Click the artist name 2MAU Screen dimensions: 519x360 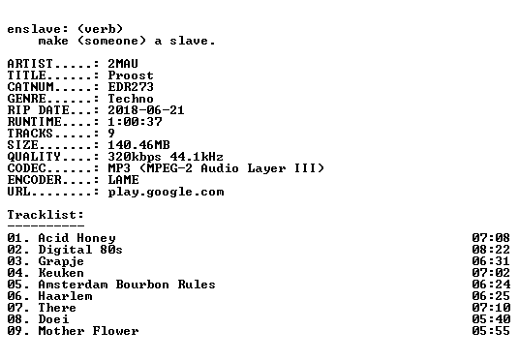123,64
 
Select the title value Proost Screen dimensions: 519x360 131,75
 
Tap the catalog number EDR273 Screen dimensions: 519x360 131,87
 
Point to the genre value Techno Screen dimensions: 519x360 131,99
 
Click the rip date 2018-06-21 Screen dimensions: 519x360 146,110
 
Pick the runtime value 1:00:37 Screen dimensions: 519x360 135,122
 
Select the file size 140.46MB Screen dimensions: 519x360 138,145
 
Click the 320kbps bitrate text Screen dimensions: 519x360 135,157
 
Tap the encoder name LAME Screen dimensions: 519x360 123,180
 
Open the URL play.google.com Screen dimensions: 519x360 166,193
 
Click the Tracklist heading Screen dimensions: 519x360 46,215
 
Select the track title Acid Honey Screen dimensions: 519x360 76,238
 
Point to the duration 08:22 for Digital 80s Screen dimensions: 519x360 491,250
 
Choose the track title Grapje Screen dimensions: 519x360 61,261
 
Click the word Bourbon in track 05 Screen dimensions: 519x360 142,285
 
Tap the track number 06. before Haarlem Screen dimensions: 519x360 18,296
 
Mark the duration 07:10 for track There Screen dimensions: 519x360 491,308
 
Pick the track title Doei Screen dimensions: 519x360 53,319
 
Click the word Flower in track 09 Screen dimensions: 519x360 115,331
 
